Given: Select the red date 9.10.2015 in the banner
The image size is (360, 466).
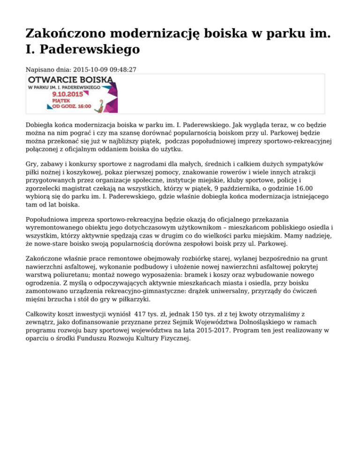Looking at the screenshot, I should coord(68,94).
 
